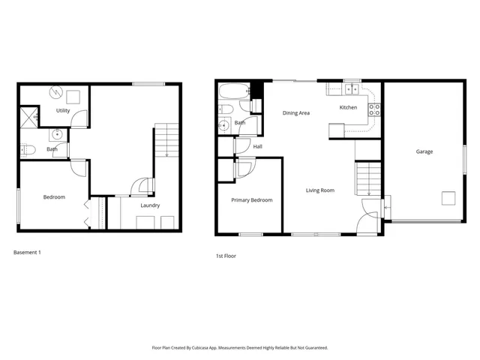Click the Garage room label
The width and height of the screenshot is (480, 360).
point(424,151)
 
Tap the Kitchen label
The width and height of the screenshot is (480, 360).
point(348,107)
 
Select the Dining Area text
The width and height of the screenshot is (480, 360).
point(296,113)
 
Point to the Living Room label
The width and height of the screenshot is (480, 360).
point(320,190)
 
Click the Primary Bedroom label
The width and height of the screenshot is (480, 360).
point(251,200)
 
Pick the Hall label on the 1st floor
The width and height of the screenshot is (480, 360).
point(257,146)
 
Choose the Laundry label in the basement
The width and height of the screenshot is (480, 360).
point(150,205)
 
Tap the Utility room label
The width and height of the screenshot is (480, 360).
point(63,110)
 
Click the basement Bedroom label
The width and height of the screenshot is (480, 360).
point(54,197)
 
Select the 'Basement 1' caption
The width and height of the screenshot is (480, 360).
point(27,252)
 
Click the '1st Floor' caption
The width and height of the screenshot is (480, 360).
point(226,256)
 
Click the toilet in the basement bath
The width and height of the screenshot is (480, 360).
point(28,150)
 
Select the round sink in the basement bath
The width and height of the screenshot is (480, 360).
point(57,136)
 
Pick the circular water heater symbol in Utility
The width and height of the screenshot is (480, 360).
point(56,92)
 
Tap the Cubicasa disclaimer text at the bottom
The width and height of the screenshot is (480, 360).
point(240,348)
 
